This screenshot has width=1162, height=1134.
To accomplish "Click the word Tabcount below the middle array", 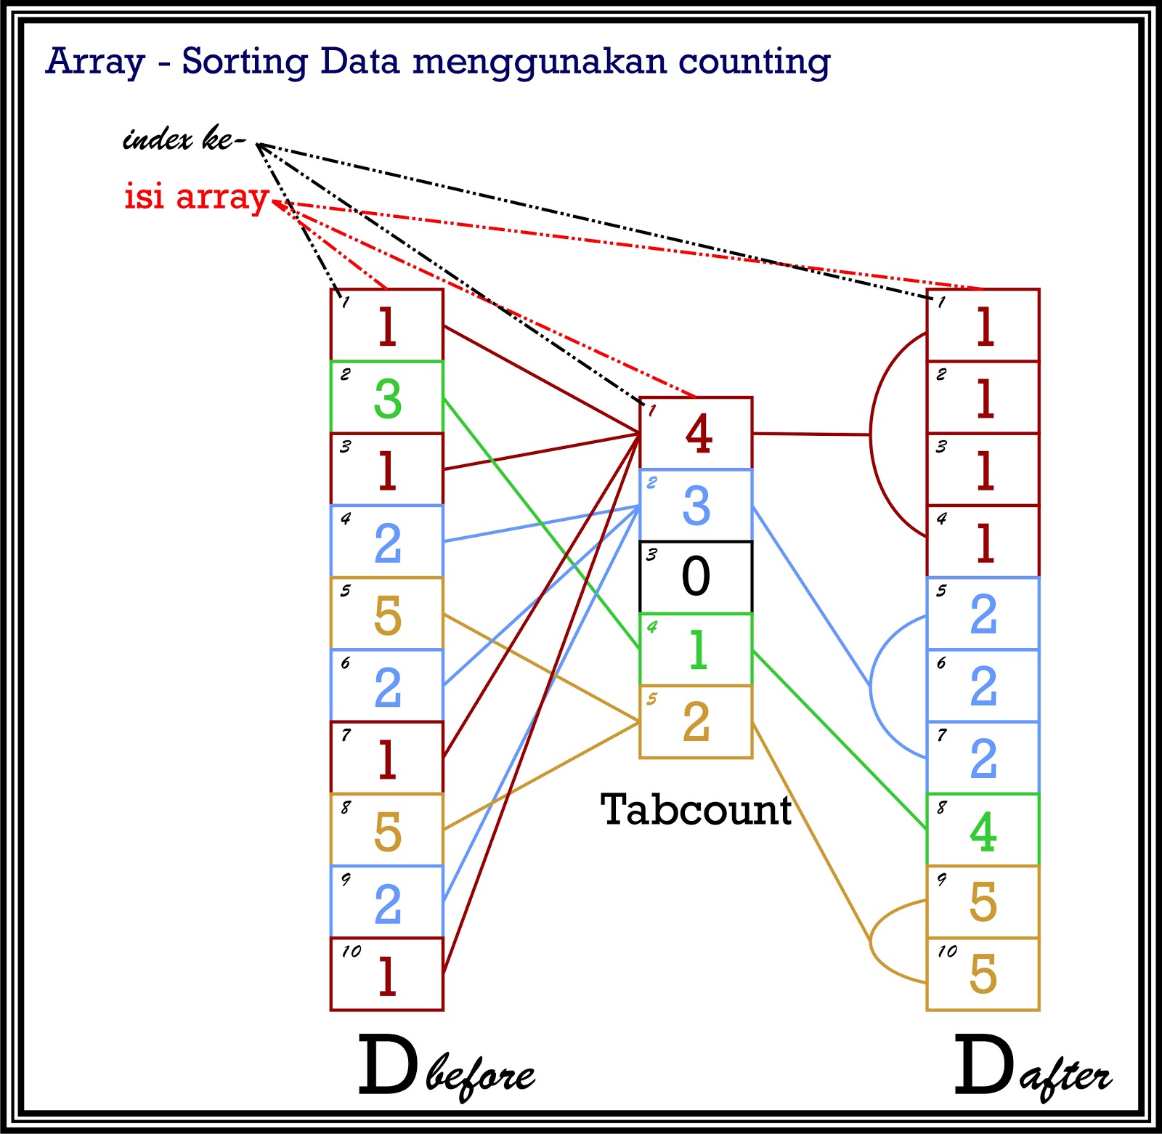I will [x=696, y=810].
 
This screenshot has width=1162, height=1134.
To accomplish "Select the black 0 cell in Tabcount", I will [x=696, y=578].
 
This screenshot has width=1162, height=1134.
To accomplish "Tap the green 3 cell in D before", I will [x=387, y=397].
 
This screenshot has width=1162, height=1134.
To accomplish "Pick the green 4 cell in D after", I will [x=983, y=830].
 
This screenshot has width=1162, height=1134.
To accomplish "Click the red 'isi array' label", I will [x=196, y=197].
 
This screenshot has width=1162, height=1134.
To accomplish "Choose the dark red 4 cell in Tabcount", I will [x=696, y=434].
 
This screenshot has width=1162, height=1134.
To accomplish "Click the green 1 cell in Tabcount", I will [x=696, y=649].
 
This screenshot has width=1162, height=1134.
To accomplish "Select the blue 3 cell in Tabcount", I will [x=696, y=506].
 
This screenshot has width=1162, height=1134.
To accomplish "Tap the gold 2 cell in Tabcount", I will [x=696, y=721].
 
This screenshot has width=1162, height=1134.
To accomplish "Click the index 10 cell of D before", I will [x=387, y=974].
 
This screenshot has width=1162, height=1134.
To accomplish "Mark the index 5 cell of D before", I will [x=387, y=614].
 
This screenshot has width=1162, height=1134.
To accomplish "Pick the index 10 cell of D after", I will [x=983, y=974].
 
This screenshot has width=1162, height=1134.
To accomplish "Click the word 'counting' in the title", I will [x=755, y=62].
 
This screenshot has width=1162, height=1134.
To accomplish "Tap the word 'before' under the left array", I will [x=480, y=1076].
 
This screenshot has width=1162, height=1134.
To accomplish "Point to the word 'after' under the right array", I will [x=1066, y=1077].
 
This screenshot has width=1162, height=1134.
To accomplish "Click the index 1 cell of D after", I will [x=983, y=325].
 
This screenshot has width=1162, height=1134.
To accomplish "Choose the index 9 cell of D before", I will [x=387, y=902].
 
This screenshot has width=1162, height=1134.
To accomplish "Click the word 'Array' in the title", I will [x=95, y=62].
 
